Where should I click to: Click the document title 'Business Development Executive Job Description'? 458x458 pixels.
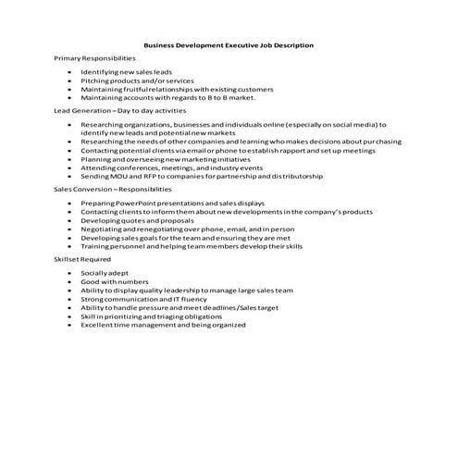coord(229,43)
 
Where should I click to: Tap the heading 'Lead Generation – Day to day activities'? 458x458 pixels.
coord(114,110)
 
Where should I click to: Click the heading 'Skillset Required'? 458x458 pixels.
coord(81,260)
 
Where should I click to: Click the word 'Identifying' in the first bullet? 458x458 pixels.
coord(98,71)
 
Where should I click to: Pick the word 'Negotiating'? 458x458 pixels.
coord(101,229)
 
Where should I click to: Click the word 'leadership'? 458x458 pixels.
coord(194,291)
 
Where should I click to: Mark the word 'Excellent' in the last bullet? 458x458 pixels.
coord(97,325)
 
